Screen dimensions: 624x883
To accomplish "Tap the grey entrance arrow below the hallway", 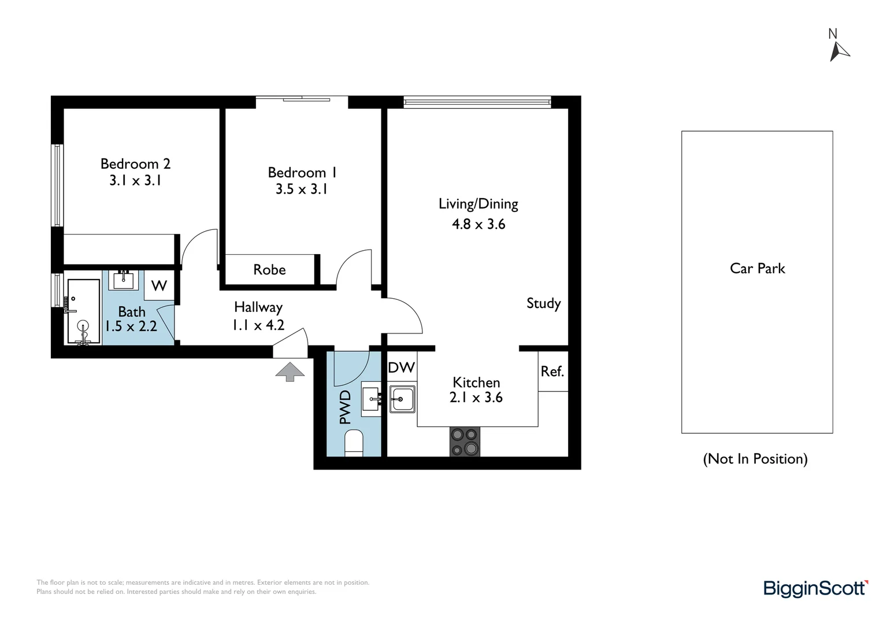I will (x=290, y=371).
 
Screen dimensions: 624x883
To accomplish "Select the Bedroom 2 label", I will (x=135, y=164).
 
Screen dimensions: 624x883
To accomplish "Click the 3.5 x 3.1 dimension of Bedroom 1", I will (x=301, y=189).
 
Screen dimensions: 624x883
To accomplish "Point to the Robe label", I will (x=269, y=270).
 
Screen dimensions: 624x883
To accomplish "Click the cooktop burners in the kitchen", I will (x=465, y=441).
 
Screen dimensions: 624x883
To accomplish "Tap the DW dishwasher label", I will (x=401, y=367).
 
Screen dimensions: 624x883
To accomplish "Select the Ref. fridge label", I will (x=552, y=372).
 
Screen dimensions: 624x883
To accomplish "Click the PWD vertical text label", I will (x=345, y=407).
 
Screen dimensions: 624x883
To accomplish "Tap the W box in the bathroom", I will (x=159, y=285).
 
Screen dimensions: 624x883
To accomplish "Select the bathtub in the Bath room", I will (x=84, y=312).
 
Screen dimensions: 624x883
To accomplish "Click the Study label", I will (x=543, y=303).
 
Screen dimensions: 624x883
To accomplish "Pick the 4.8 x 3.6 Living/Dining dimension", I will (x=478, y=224).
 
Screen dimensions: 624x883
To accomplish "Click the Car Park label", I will (x=757, y=269).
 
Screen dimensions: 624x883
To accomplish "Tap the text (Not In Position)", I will (x=755, y=459).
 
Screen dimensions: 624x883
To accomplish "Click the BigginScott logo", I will (x=815, y=588).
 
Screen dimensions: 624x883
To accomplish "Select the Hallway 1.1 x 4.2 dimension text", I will (x=258, y=325).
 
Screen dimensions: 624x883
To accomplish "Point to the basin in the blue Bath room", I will (x=124, y=280).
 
